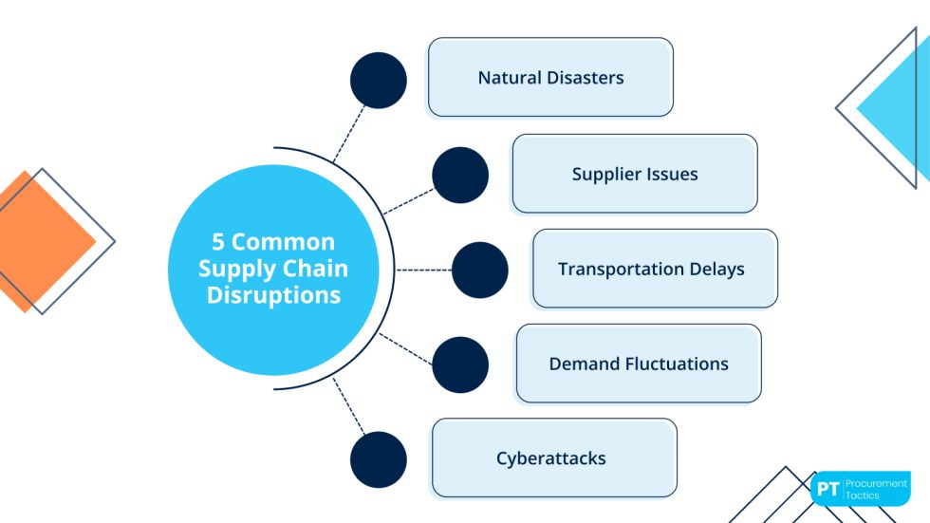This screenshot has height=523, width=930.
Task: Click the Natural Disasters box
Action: pyautogui.click(x=550, y=78)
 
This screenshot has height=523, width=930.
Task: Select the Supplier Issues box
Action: pyautogui.click(x=635, y=174)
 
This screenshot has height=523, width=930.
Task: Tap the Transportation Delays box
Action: pyautogui.click(x=655, y=269)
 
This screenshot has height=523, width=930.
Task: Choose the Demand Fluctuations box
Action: pyautogui.click(x=639, y=364)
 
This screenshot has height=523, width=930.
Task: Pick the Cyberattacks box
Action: pyautogui.click(x=554, y=458)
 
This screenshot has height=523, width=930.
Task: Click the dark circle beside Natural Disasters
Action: pyautogui.click(x=379, y=80)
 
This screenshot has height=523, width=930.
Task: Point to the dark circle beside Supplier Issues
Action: pyautogui.click(x=460, y=175)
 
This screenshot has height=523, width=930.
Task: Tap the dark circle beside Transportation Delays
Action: pyautogui.click(x=480, y=270)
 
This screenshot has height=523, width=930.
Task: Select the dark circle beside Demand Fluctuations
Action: pyautogui.click(x=460, y=364)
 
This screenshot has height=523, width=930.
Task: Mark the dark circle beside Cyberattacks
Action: pyautogui.click(x=379, y=459)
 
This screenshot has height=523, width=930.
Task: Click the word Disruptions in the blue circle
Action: pyautogui.click(x=273, y=295)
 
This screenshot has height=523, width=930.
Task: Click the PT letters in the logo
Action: pyautogui.click(x=828, y=489)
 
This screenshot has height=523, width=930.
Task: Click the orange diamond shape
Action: pyautogui.click(x=38, y=241)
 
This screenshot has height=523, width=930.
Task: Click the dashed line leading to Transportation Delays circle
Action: pyautogui.click(x=423, y=270)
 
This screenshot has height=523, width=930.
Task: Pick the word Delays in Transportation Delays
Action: pyautogui.click(x=713, y=269)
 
